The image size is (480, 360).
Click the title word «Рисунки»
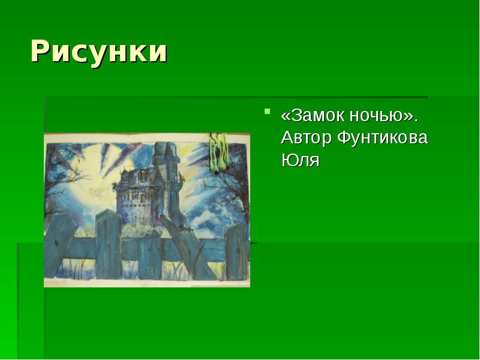[99, 52]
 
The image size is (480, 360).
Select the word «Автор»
[306, 138]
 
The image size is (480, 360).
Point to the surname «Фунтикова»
[382, 138]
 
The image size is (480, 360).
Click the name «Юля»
[300, 161]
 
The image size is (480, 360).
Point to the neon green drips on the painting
[217, 150]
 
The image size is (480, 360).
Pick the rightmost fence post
[235, 252]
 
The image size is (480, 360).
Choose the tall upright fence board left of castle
[108, 243]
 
